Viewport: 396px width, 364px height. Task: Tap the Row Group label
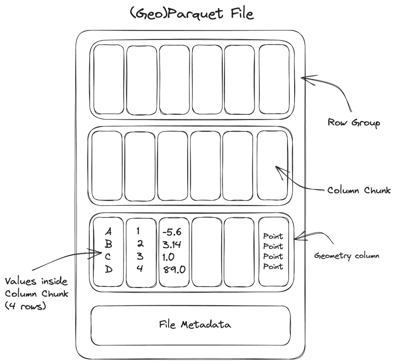point(354,122)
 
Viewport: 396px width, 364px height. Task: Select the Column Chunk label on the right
point(359,191)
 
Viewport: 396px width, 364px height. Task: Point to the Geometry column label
point(346,256)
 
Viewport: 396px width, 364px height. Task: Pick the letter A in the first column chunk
point(108,232)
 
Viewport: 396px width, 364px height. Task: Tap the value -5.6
point(172,232)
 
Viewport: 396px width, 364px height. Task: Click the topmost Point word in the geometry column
point(274,236)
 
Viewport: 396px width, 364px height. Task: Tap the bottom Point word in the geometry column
point(274,267)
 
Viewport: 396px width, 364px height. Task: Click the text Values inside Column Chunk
point(36,288)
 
